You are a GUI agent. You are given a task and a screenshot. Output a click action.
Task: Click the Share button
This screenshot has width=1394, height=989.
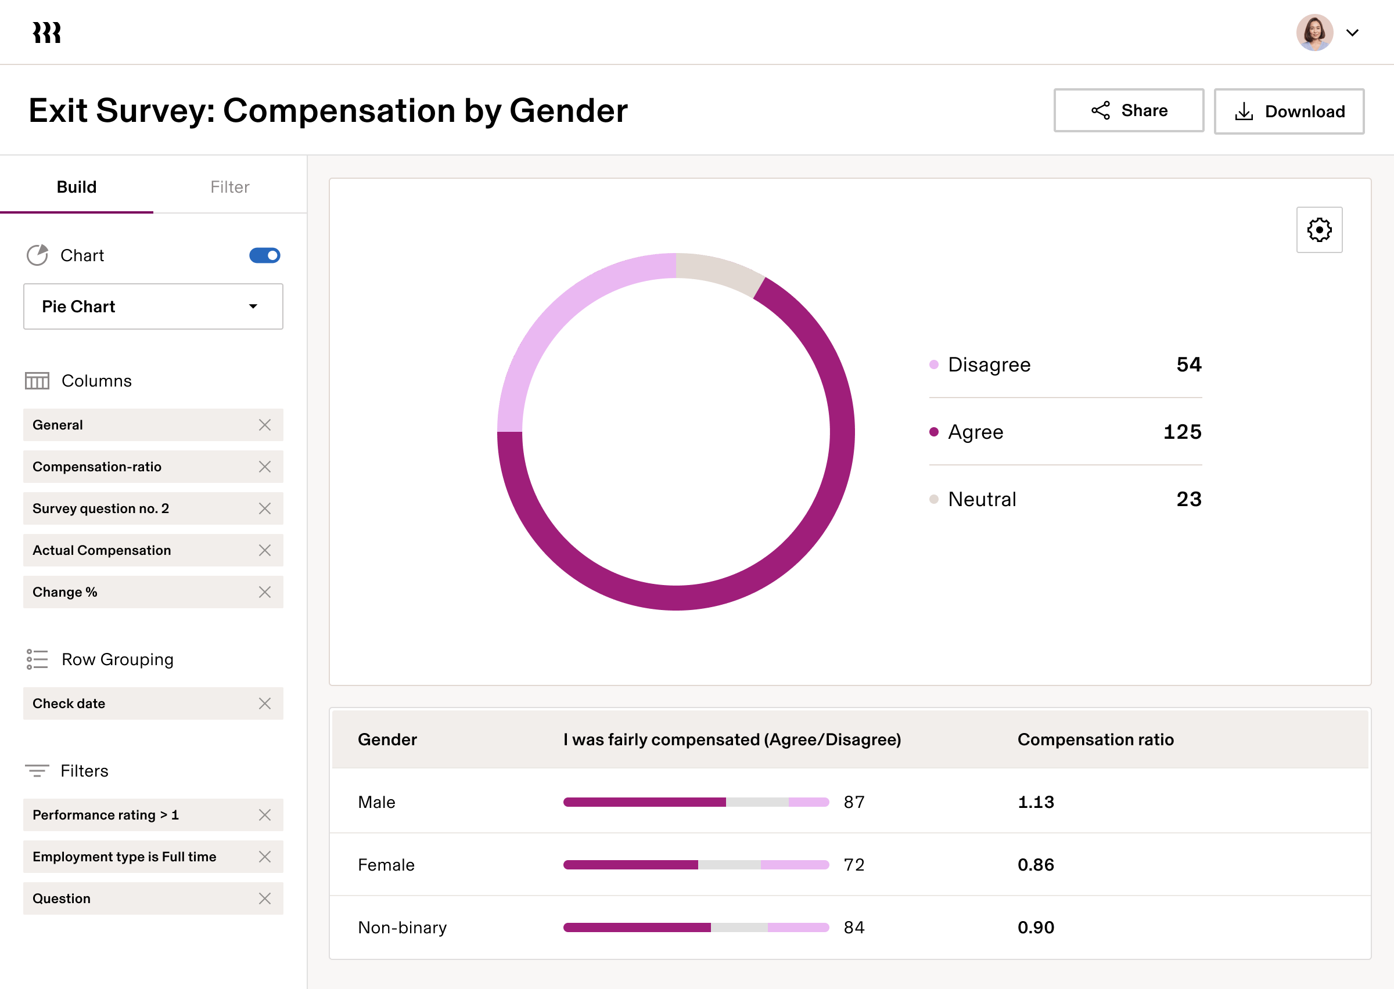coord(1129,110)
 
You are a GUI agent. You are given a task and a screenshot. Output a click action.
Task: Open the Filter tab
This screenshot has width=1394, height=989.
coord(229,187)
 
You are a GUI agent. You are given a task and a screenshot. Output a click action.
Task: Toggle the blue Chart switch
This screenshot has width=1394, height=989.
coord(264,255)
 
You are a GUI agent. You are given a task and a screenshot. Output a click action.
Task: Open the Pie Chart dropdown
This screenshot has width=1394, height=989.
coord(153,306)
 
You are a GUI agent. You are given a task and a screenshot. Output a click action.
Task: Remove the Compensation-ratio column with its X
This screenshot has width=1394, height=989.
coord(264,467)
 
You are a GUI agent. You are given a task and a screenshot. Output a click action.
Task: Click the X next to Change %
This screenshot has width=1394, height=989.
coord(264,592)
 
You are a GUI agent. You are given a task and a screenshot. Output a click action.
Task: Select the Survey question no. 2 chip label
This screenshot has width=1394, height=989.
coord(100,508)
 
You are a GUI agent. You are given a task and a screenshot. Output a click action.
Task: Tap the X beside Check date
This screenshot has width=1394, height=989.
coord(264,703)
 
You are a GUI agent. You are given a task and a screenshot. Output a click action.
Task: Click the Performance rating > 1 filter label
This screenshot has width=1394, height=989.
coord(105,815)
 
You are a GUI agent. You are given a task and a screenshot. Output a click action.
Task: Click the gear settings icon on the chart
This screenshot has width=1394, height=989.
coord(1319,230)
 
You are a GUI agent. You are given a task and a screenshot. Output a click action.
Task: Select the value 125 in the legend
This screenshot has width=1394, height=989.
coord(1182,432)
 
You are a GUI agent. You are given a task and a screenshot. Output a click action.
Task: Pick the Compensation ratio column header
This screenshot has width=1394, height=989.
coord(1095,739)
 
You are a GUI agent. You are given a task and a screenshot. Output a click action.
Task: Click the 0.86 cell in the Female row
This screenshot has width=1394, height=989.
coord(1035,865)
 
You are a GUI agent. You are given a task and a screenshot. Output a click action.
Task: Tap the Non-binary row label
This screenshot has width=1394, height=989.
coord(402,927)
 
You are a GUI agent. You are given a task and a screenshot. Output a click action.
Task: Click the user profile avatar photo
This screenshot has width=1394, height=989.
coord(1314,33)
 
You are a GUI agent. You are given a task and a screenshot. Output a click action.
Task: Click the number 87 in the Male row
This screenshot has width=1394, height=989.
coord(854,802)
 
